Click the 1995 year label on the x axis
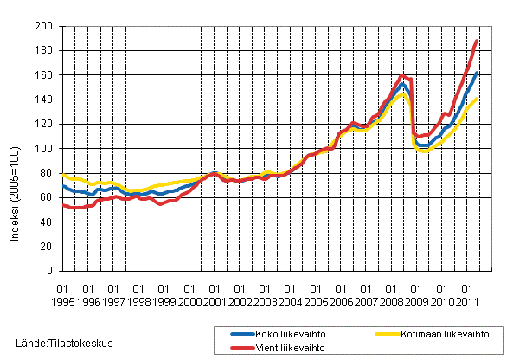[x=62, y=302]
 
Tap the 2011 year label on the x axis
[x=468, y=302]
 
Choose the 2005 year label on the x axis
[x=316, y=302]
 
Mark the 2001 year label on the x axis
[x=215, y=302]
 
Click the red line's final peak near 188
[x=477, y=41]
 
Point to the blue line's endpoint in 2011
[x=477, y=73]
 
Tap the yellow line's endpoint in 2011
[x=477, y=99]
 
